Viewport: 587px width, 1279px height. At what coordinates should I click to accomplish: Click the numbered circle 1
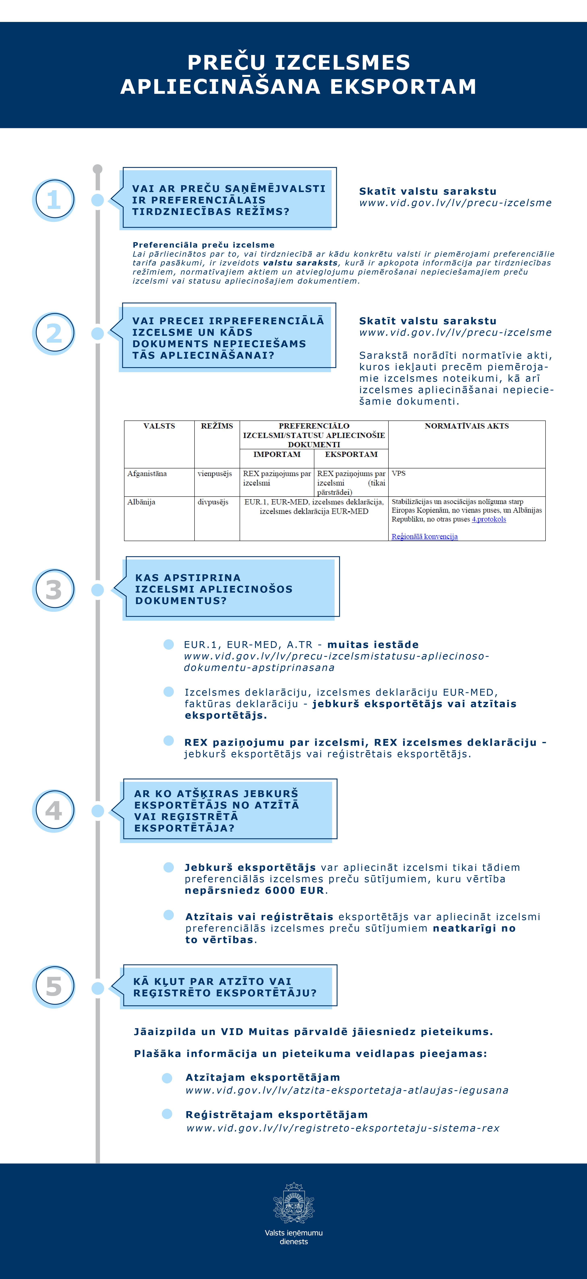pyautogui.click(x=54, y=200)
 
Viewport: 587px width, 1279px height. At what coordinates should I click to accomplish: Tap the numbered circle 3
pyautogui.click(x=54, y=589)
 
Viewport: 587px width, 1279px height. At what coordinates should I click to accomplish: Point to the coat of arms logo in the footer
pyautogui.click(x=294, y=1203)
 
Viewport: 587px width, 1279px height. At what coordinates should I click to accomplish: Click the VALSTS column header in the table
pyautogui.click(x=159, y=426)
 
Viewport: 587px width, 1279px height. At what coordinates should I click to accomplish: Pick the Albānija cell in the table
pyautogui.click(x=142, y=502)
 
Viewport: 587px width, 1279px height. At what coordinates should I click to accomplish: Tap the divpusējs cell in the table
pyautogui.click(x=213, y=502)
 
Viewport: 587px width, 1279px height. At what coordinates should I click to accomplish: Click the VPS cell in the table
pyautogui.click(x=399, y=474)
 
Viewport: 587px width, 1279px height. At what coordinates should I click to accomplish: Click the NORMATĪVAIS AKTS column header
pyautogui.click(x=467, y=426)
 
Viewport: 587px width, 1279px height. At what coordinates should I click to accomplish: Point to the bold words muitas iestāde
pyautogui.click(x=373, y=645)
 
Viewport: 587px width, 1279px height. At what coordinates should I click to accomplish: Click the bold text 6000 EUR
pyautogui.click(x=294, y=890)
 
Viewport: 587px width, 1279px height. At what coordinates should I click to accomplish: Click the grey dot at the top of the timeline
pyautogui.click(x=98, y=169)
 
